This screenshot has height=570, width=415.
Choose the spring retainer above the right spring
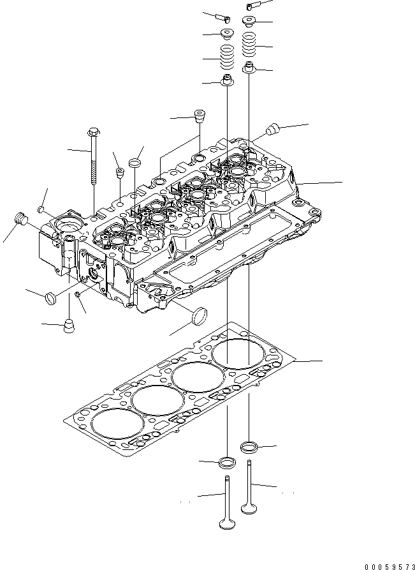point(249,22)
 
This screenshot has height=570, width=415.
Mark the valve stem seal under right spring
point(249,67)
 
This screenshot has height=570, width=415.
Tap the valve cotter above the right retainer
point(249,6)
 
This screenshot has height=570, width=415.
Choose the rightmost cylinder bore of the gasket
point(240,354)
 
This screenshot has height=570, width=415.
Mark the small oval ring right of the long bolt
point(135,164)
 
